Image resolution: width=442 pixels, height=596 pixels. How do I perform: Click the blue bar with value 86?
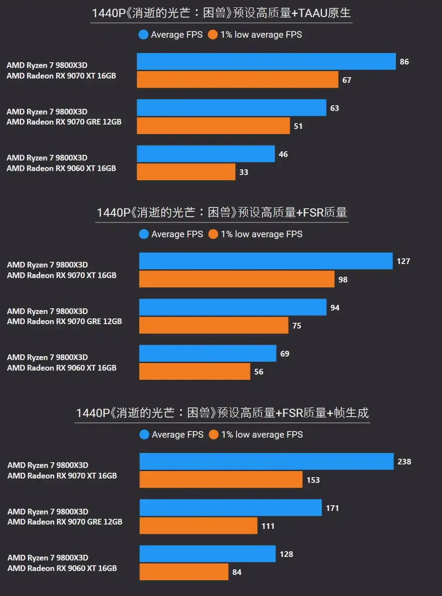tap(266, 61)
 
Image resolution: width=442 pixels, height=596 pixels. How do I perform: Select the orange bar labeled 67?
tap(237, 80)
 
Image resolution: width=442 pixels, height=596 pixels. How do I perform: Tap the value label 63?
tap(335, 108)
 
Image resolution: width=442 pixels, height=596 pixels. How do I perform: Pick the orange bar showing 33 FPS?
tap(186, 172)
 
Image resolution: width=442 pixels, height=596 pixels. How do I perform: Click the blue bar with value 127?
tap(265, 261)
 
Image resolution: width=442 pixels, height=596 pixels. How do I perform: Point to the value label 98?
tap(343, 280)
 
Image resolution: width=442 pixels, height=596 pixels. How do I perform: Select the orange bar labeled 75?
tap(214, 325)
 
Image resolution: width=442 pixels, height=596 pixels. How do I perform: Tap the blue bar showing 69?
tap(208, 353)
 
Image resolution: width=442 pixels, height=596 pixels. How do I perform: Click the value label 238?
tap(404, 462)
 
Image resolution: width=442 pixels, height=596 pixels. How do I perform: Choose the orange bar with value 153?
tap(221, 480)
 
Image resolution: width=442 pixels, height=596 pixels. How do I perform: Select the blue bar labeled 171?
tap(230, 508)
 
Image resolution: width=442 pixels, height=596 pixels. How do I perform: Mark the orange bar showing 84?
tap(184, 572)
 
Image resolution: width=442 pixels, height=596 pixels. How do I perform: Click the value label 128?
tap(286, 554)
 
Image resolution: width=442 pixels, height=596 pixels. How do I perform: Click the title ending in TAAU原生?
tap(221, 13)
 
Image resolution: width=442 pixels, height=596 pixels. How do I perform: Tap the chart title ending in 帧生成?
tap(222, 413)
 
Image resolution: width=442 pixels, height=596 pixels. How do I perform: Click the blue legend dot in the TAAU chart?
tap(143, 35)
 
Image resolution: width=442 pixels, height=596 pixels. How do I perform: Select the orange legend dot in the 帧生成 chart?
tap(214, 435)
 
